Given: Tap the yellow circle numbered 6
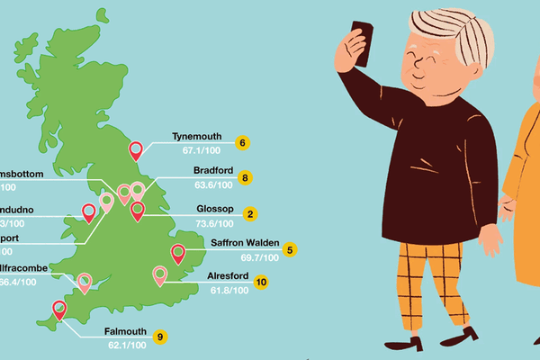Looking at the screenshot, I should coord(241,142).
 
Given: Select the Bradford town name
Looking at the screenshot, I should coord(214,170).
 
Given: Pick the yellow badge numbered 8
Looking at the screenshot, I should coord(246,178).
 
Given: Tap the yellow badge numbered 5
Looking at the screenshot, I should coord(290,249).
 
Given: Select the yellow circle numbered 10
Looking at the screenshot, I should coord(261,282).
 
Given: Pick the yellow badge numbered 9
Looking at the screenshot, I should coord(160,337).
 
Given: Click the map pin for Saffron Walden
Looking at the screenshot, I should coord(178,254).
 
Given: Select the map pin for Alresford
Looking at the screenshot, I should coord(159,274).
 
